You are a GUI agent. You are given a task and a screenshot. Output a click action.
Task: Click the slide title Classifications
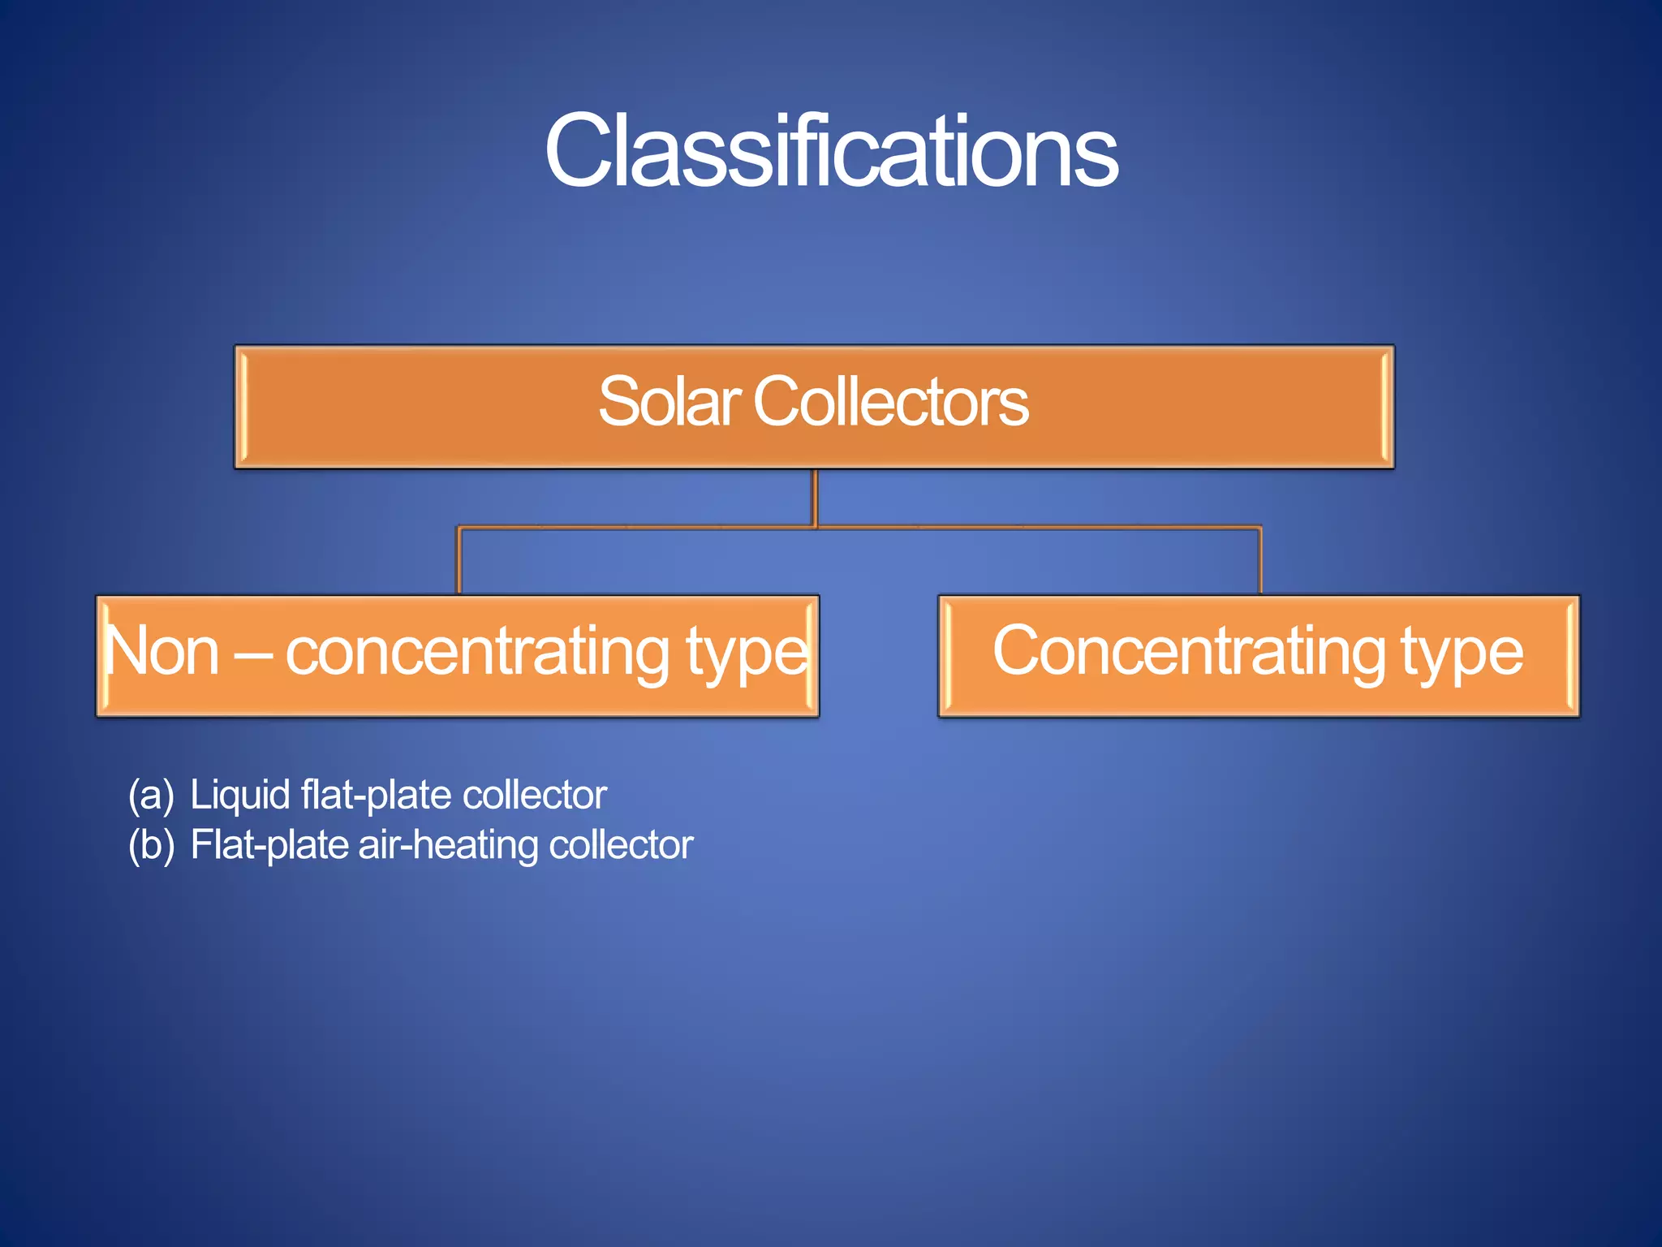tap(831, 151)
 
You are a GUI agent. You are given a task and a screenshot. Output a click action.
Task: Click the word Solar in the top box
tap(669, 402)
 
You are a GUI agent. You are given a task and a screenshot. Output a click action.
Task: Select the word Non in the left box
tap(162, 651)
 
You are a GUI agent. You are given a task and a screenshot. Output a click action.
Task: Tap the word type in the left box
tap(747, 654)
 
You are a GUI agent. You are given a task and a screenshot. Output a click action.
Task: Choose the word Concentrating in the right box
tap(1189, 651)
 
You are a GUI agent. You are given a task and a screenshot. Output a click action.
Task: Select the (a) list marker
tap(151, 795)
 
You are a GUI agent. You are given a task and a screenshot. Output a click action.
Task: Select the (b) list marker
tap(151, 845)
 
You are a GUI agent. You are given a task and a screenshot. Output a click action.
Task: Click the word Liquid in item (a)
tap(240, 795)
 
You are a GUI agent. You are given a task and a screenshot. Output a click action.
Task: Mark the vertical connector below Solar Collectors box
tap(815, 498)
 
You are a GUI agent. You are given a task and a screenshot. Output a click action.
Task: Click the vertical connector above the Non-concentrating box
tap(459, 561)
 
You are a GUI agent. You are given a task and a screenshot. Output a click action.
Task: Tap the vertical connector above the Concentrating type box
tap(1259, 561)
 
